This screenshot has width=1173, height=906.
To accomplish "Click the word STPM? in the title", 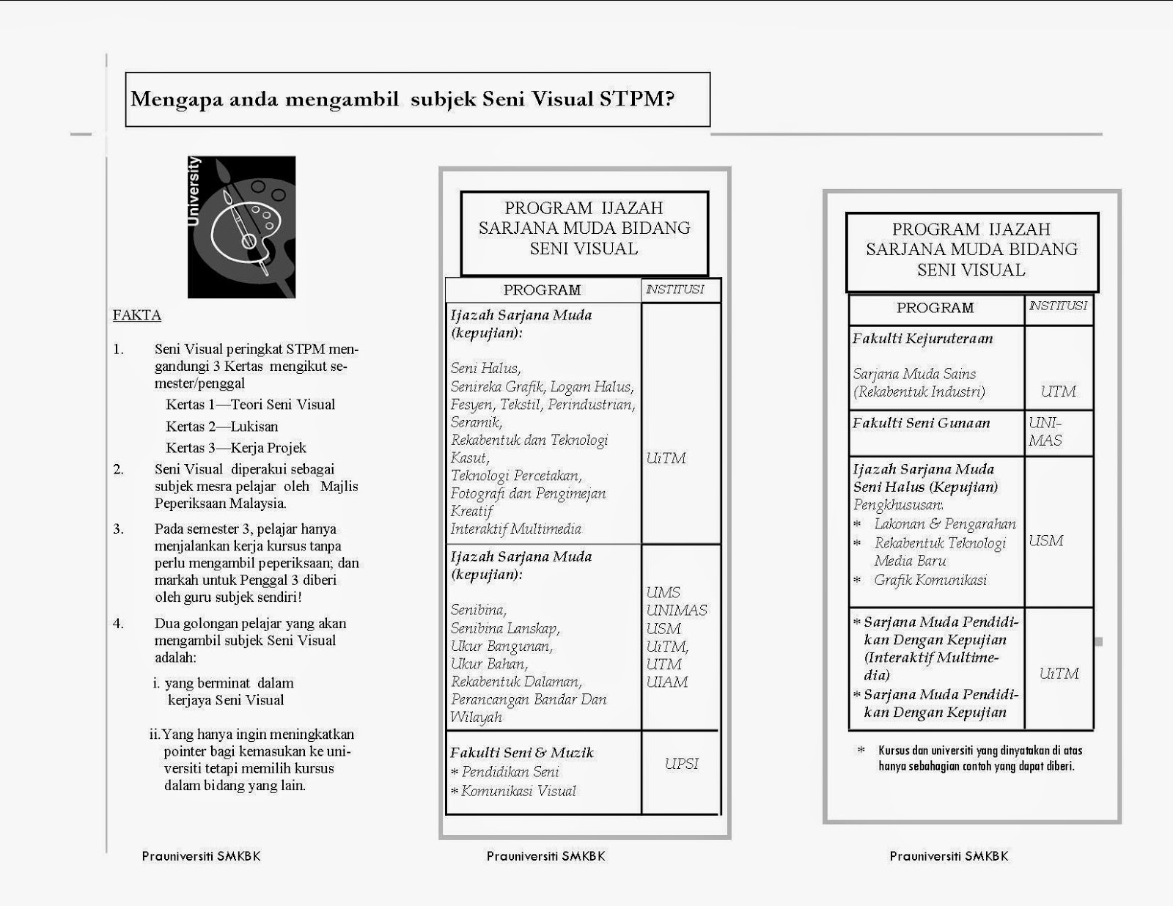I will tap(636, 99).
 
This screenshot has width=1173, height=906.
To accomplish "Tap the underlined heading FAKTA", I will tap(137, 315).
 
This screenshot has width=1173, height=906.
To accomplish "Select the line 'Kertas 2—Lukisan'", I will tap(221, 427).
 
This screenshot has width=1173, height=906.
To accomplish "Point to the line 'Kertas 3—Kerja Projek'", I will tap(235, 448).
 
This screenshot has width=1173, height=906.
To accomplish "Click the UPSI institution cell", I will tap(681, 764).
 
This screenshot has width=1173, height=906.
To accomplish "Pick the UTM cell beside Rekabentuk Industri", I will tap(1058, 391).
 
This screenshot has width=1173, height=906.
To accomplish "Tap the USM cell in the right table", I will tap(1045, 541).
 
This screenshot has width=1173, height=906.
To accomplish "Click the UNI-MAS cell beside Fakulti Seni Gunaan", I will tap(1045, 432).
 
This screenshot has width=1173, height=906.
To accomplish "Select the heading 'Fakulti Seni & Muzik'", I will tap(521, 753).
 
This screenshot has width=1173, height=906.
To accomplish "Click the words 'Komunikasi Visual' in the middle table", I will tap(518, 791).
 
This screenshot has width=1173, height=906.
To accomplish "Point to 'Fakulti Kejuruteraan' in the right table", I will tap(922, 339).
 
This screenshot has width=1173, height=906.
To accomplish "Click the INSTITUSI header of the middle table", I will tap(674, 290).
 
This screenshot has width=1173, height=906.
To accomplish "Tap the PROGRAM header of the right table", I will tap(935, 308).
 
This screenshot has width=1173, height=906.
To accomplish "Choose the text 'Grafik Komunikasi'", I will tap(930, 580).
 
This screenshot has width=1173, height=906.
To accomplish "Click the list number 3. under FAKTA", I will tap(119, 529).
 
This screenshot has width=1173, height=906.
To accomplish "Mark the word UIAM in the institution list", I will tap(667, 682).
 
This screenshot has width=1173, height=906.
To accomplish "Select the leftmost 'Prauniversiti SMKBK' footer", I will tap(201, 856).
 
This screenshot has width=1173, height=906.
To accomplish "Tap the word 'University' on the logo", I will tap(194, 191).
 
